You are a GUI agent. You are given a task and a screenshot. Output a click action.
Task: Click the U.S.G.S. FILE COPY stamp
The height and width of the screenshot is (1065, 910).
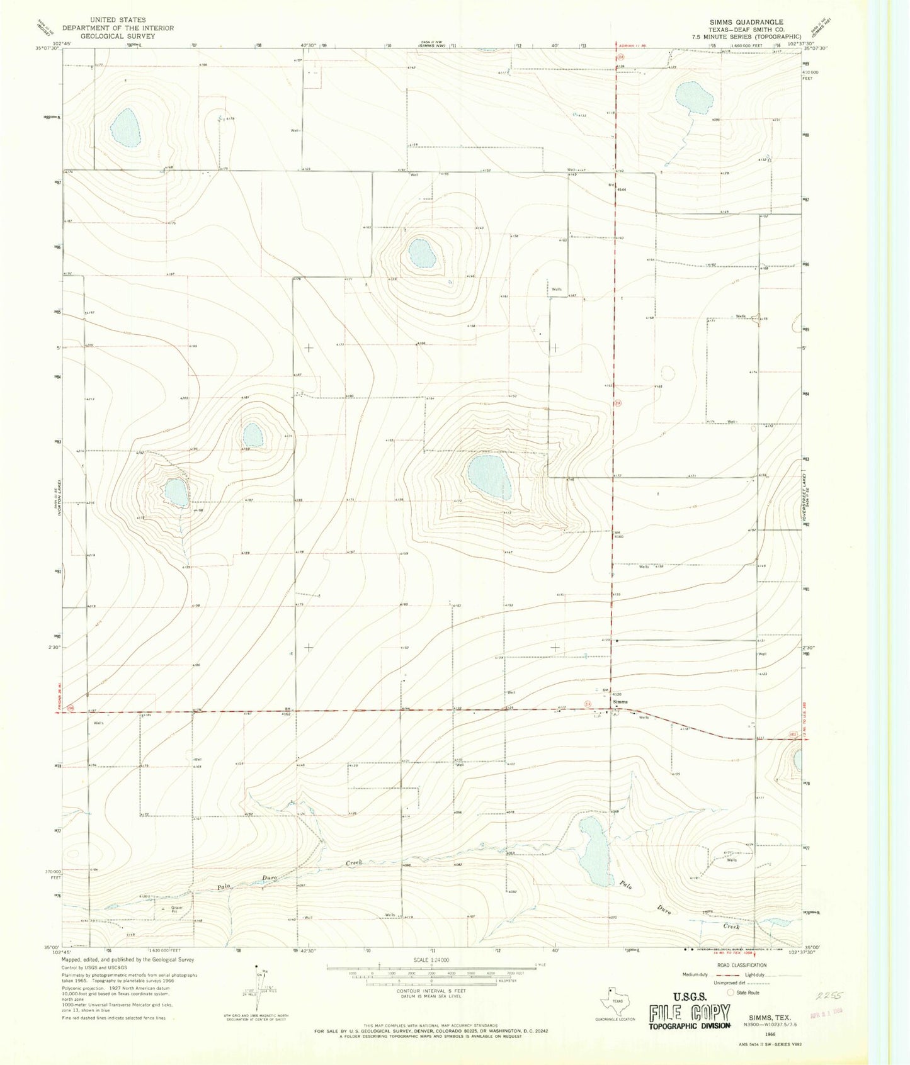pos(690,1014)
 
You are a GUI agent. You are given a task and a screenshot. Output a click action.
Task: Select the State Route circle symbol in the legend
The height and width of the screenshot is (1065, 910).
pos(731,993)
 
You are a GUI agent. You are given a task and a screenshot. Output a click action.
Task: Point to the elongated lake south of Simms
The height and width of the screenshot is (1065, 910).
pos(595,851)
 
